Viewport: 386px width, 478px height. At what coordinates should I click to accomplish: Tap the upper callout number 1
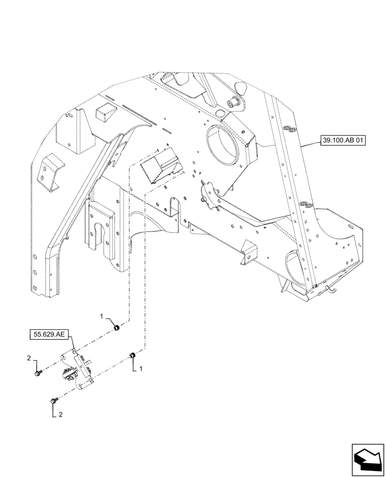tap(102, 316)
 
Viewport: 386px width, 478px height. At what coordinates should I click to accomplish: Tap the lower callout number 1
tap(142, 369)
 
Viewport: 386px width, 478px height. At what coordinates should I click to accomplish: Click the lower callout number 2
tap(61, 415)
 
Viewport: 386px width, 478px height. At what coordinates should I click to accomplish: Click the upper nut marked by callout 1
tap(116, 327)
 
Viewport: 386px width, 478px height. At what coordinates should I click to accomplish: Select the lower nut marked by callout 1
tap(133, 355)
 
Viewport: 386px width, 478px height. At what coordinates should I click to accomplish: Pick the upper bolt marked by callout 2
tap(38, 373)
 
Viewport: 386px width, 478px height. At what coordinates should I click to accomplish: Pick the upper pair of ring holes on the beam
tap(289, 129)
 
